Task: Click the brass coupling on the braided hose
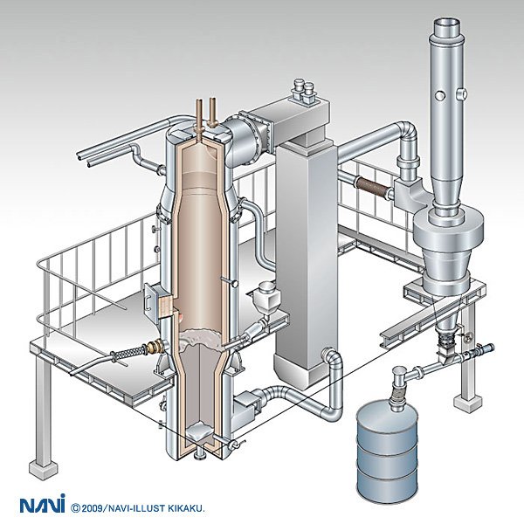point(156,347)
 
